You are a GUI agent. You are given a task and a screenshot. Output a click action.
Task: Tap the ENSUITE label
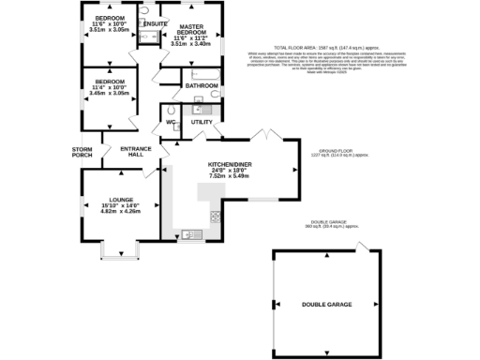click(x=156, y=23)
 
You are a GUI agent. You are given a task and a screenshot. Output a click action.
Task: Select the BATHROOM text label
click(x=201, y=85)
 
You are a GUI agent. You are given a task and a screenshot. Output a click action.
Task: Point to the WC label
click(x=172, y=122)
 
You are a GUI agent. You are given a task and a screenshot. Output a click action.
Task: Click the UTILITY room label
click(x=202, y=123)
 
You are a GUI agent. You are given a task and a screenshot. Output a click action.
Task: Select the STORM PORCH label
click(x=82, y=152)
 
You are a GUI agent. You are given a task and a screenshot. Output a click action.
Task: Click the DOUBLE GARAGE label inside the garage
click(x=327, y=305)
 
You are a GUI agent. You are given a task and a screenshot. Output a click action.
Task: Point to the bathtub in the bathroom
click(x=202, y=72)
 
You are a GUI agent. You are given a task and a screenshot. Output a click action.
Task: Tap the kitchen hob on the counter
click(x=215, y=217)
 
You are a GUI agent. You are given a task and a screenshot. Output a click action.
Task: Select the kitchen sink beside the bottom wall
click(x=186, y=234)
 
